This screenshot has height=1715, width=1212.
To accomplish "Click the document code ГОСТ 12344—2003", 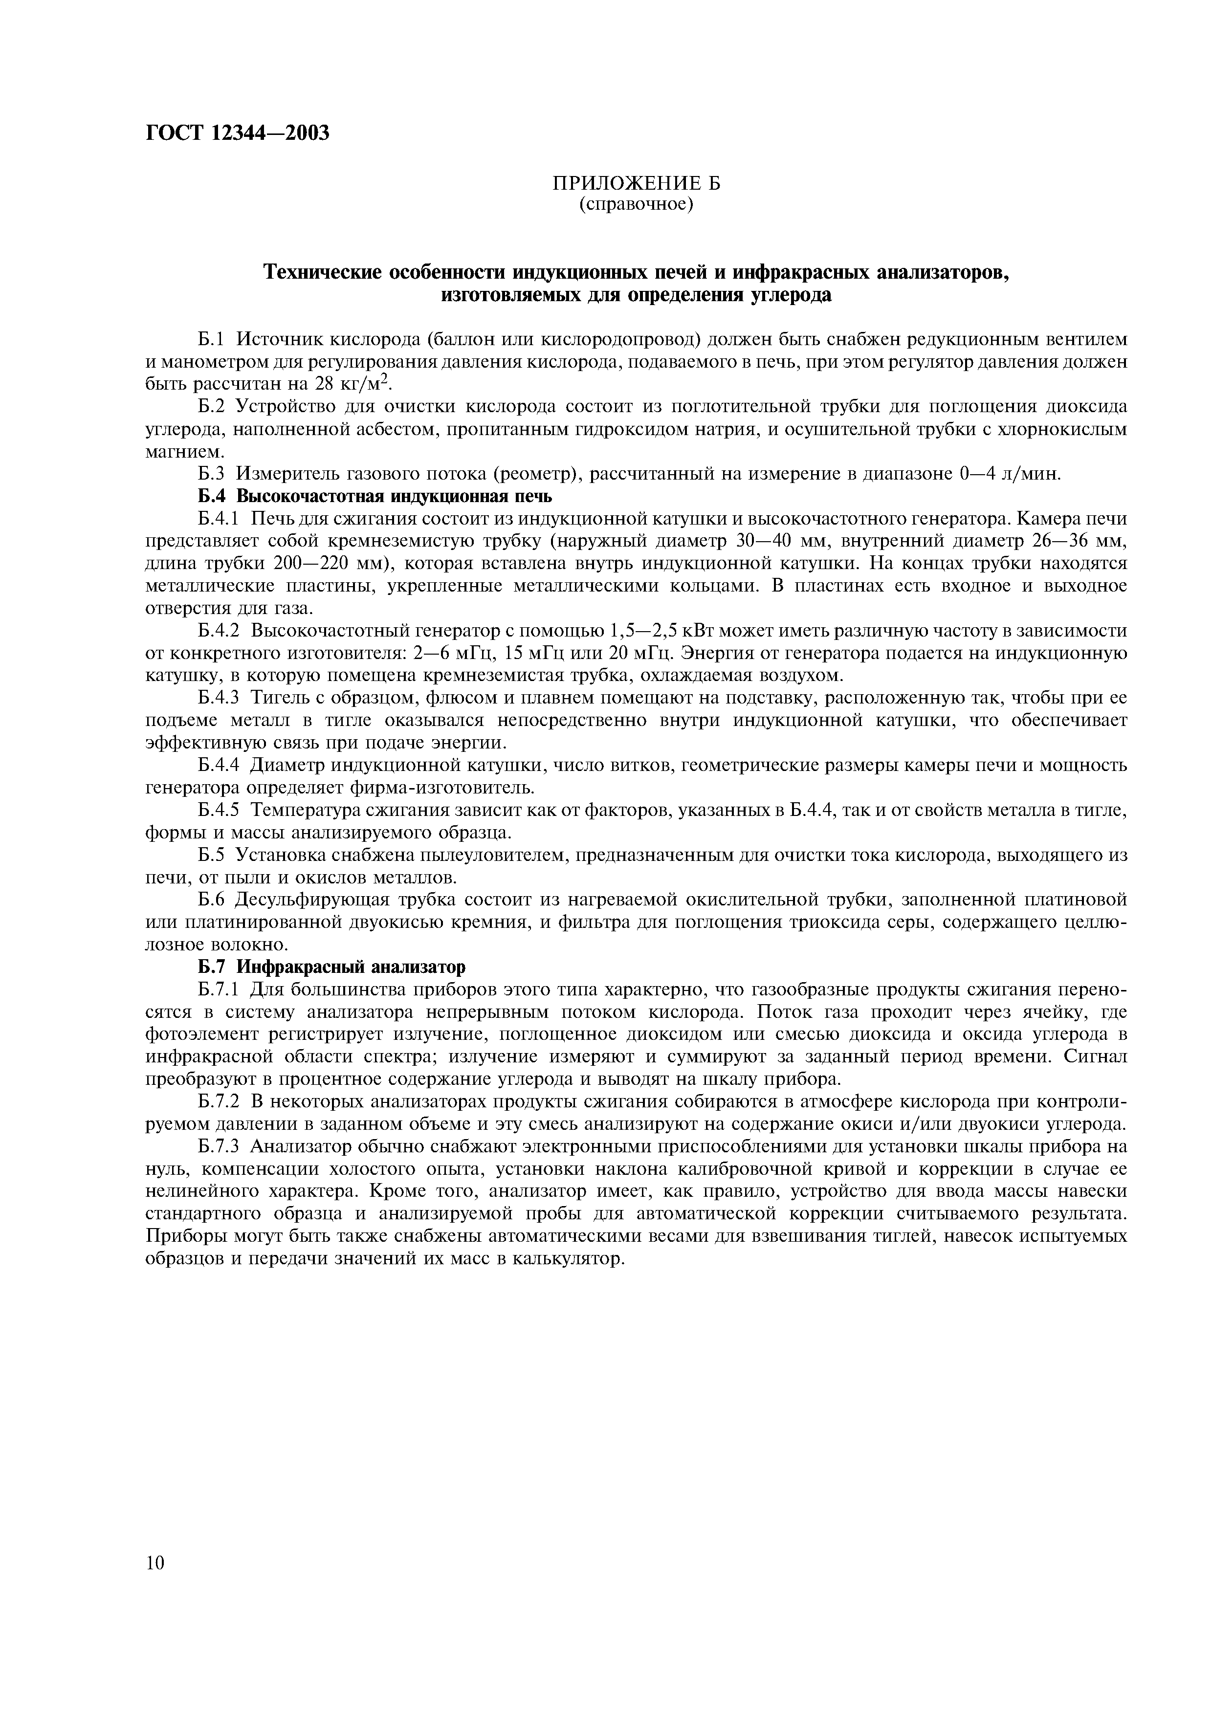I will tap(237, 133).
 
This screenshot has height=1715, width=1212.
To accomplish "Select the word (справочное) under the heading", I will tap(636, 204).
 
